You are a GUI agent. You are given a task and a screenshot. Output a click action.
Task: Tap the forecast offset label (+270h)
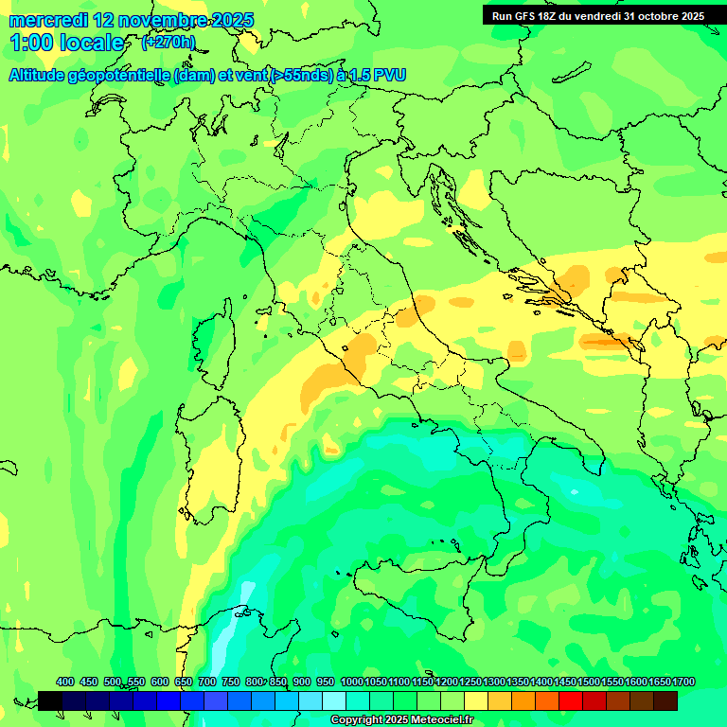coord(168,43)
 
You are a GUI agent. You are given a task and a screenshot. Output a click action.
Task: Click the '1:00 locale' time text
coord(66,43)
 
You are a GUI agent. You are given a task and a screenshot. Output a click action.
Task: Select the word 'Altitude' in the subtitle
coord(42,76)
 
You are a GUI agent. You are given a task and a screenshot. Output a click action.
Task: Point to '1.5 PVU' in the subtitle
coord(378,76)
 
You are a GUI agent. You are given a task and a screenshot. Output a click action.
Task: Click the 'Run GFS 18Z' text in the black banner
coord(530,16)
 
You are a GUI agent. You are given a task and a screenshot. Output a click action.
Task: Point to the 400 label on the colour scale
coord(65,683)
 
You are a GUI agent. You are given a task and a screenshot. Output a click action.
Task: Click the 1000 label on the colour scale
coord(352,683)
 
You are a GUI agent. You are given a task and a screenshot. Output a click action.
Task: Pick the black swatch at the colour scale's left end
coord(50,700)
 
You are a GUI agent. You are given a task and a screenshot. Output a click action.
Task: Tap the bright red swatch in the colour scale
coord(571,700)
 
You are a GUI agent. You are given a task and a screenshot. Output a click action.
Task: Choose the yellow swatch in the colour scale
coord(476,700)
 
